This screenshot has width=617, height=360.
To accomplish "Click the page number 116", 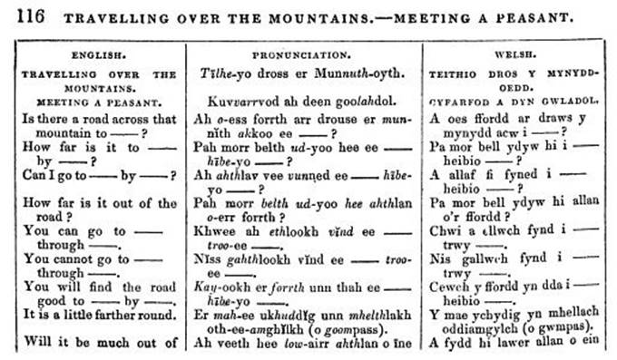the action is [22, 16].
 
